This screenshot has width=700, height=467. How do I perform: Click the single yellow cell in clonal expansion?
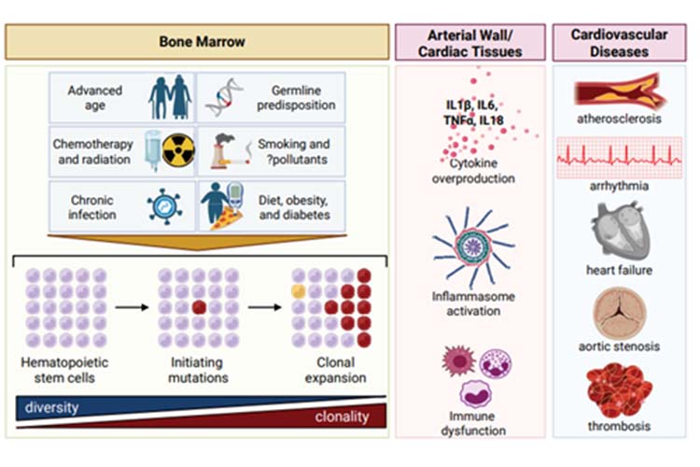(x=299, y=291)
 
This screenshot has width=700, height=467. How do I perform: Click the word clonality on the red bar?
(x=343, y=417)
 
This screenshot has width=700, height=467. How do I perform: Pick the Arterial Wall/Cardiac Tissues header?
(x=470, y=43)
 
